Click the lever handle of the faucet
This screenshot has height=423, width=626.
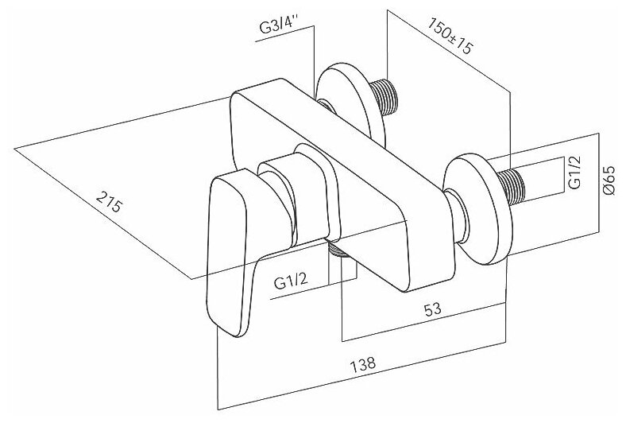[x=230, y=254]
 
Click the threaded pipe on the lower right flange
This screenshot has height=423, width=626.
[x=520, y=184]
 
